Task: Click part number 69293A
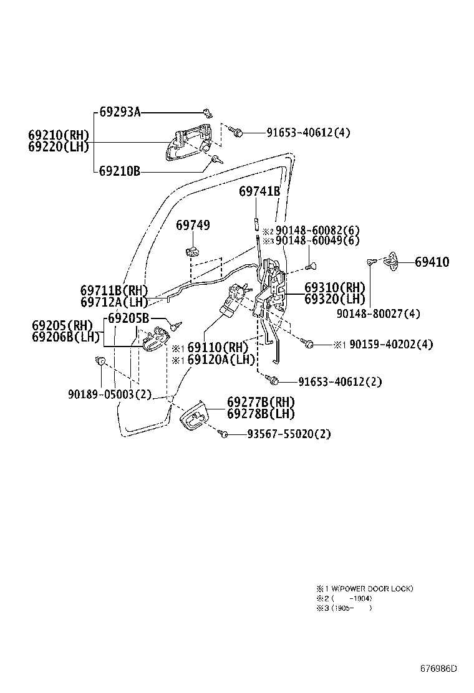point(120,113)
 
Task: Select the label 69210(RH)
point(59,135)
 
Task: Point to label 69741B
point(259,192)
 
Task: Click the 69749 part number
point(193,225)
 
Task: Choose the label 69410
point(432,262)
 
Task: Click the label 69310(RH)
point(334,287)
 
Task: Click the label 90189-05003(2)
point(110,394)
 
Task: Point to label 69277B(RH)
point(261,402)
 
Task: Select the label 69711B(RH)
point(114,290)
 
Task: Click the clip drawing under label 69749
point(193,251)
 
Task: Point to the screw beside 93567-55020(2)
point(223,433)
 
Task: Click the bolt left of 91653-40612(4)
point(236,131)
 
